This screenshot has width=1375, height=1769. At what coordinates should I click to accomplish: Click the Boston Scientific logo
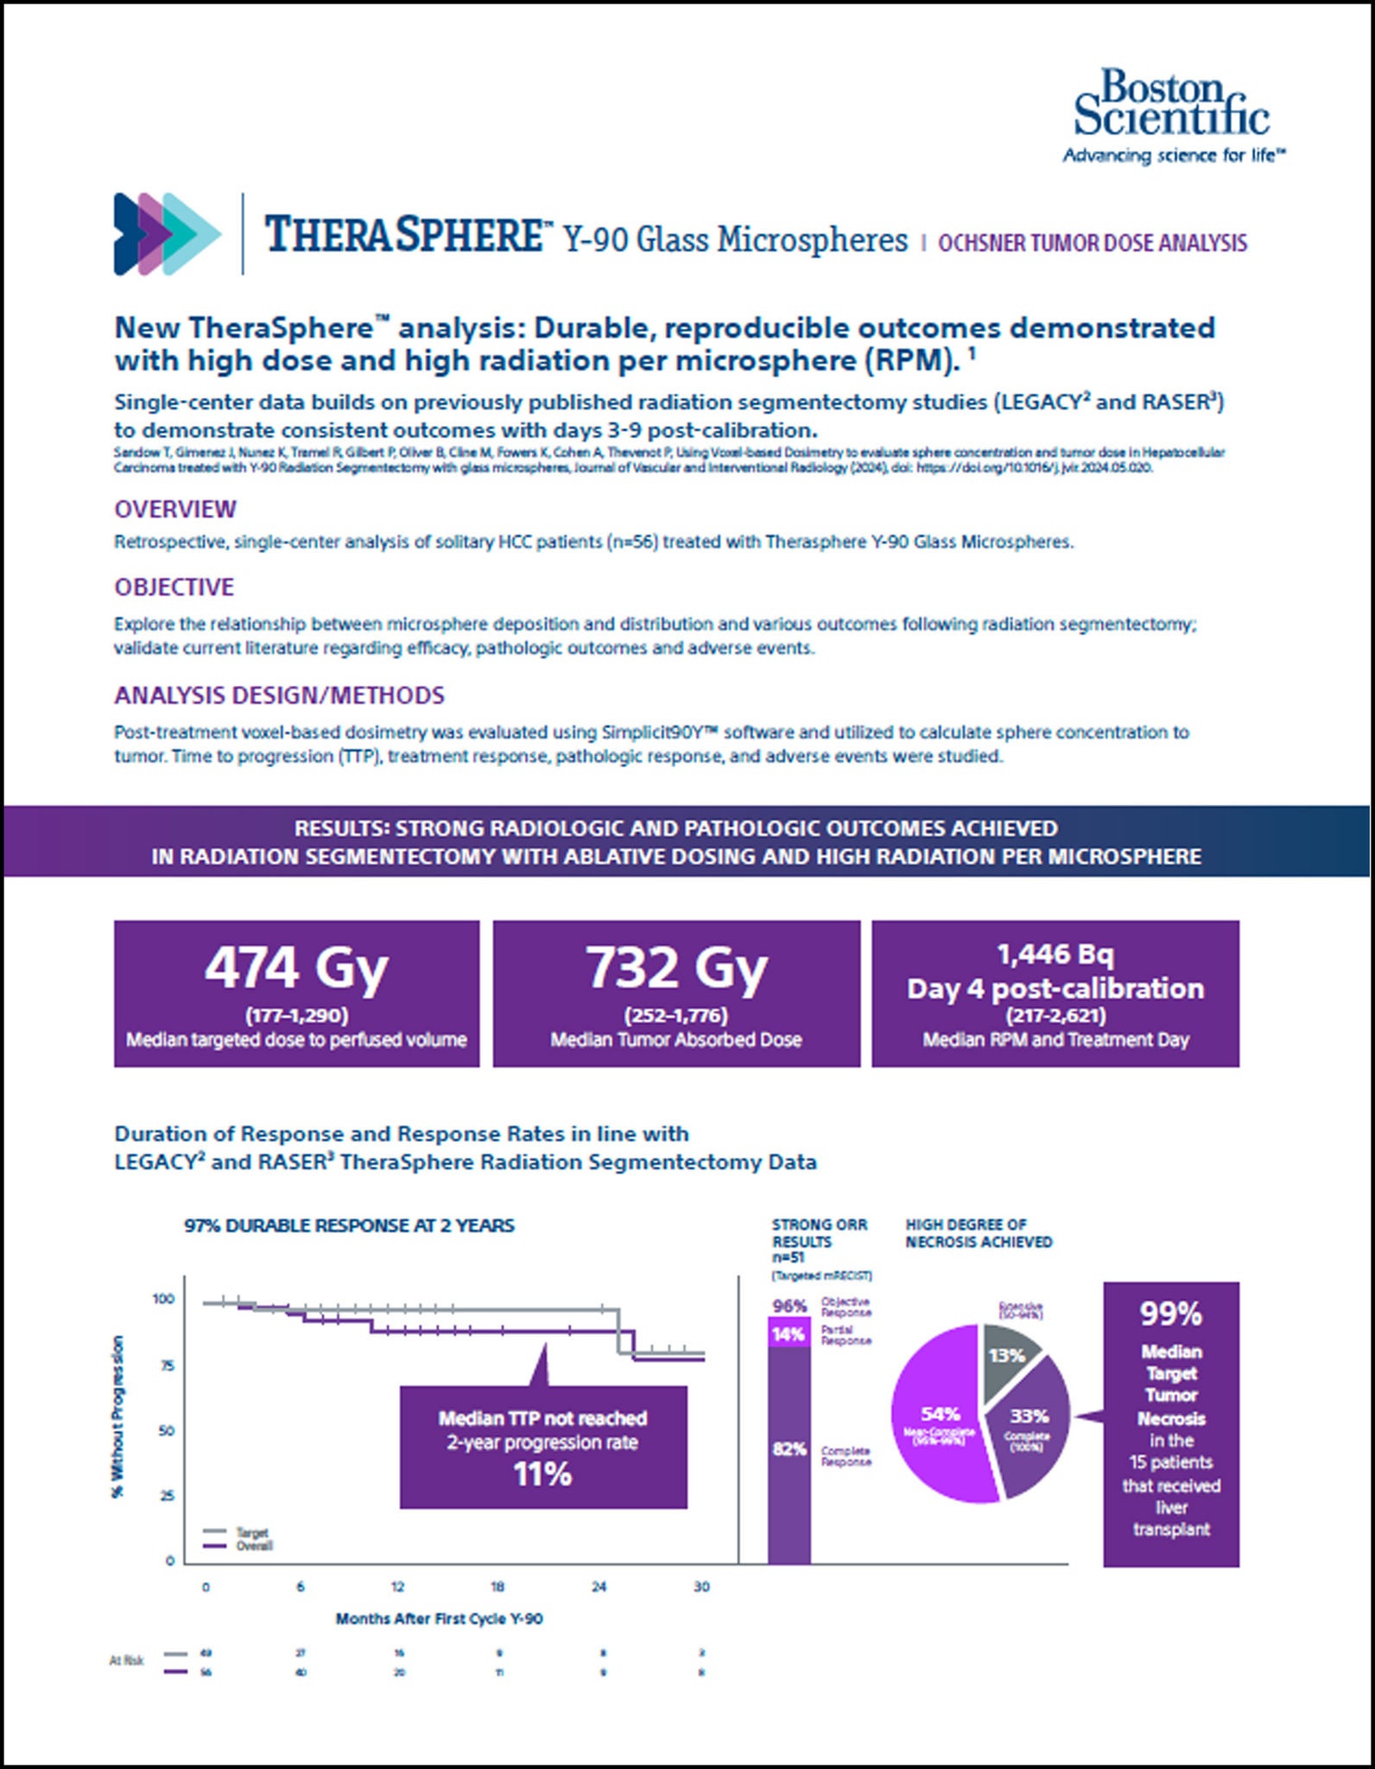[1172, 115]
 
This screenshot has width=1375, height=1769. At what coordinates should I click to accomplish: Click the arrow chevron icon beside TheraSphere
[167, 234]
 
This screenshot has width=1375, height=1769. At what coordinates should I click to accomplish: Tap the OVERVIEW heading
[175, 509]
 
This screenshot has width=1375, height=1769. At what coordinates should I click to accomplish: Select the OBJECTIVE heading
[174, 587]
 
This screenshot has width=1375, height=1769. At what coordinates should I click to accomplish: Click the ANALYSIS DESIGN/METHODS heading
[280, 695]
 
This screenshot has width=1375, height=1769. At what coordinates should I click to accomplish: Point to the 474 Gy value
[296, 967]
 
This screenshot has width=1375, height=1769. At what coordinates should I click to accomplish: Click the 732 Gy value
[676, 967]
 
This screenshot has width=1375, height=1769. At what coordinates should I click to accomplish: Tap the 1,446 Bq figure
[1055, 954]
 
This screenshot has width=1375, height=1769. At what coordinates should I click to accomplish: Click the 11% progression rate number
[542, 1474]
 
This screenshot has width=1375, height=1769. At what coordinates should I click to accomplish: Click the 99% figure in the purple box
[1171, 1314]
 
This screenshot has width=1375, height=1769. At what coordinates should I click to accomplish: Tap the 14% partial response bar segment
[789, 1335]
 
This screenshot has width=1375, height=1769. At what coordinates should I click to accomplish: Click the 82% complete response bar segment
[789, 1449]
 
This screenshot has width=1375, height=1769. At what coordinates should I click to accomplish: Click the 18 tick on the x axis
[498, 1587]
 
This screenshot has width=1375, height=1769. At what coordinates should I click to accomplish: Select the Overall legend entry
[254, 1546]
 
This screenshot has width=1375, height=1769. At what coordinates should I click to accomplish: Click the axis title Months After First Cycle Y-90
[440, 1619]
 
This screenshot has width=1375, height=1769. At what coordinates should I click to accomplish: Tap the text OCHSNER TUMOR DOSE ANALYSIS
[1093, 244]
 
